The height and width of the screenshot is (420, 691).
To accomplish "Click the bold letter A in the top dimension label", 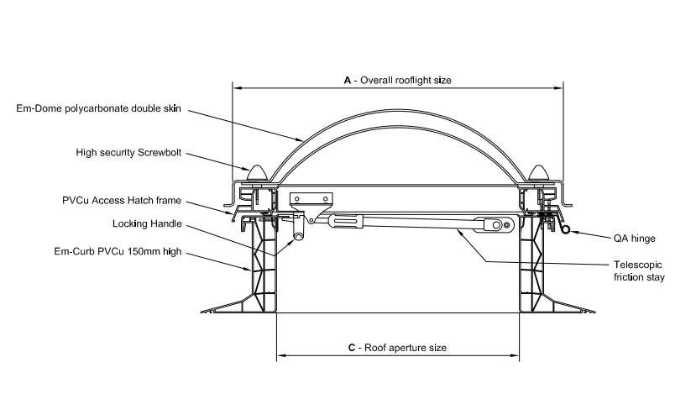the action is pos(348,80).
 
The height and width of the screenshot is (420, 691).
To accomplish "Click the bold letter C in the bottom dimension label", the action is pos(351,348).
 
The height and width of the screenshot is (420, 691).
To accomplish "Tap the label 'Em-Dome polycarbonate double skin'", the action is pos(99,109).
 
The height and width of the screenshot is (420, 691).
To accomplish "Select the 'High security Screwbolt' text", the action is pos(128,153).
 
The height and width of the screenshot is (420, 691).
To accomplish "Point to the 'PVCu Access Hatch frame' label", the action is pos(122,201).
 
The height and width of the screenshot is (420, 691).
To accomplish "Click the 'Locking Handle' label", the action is pos(147,224).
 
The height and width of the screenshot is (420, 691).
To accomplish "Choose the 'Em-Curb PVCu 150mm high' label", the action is pos(118,252).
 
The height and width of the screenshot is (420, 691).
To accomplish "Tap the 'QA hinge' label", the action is pos(634,239).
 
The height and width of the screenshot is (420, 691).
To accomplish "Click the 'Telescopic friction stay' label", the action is pos(639,271).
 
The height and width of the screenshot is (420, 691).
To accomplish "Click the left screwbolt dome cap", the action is pos(257,173).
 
